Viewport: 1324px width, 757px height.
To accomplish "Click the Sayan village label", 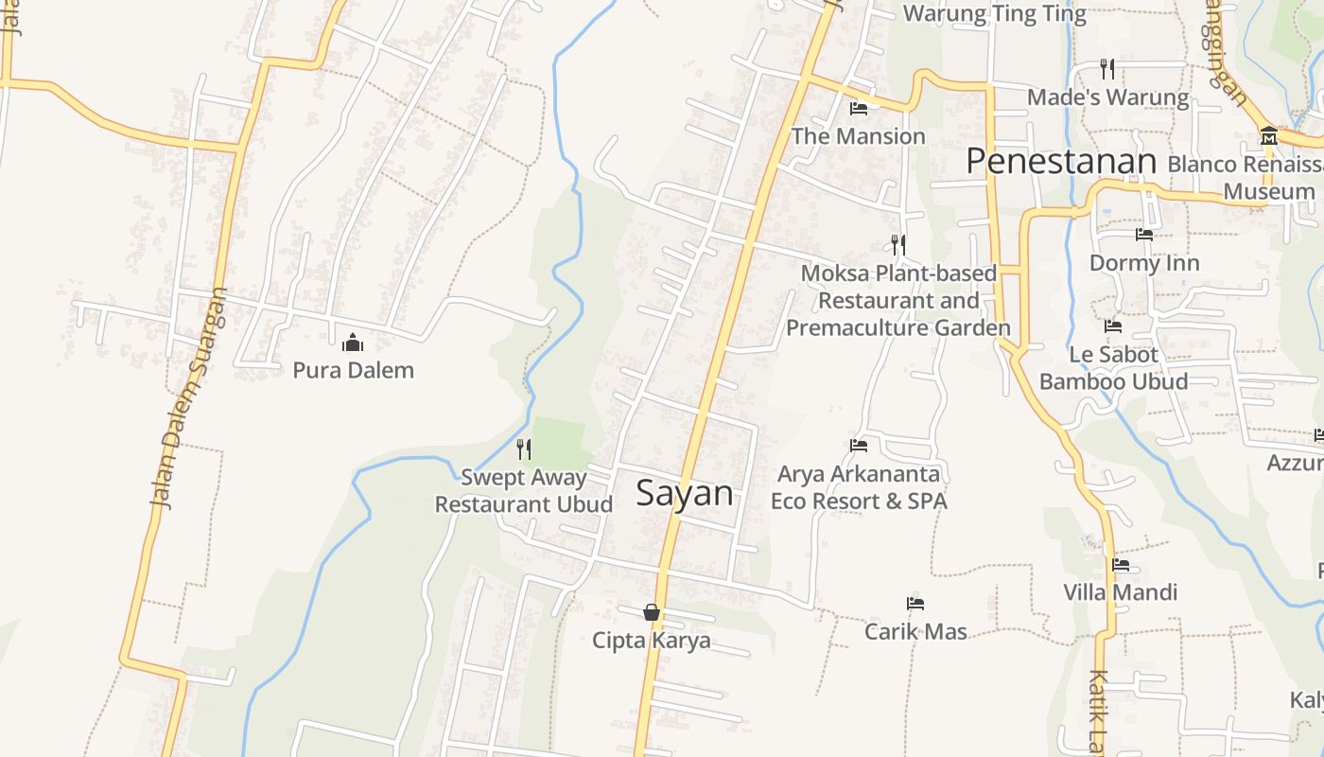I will (x=685, y=493).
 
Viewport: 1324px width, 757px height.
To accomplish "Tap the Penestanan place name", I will (x=1061, y=162).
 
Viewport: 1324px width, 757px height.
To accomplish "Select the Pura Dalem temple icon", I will (x=353, y=343).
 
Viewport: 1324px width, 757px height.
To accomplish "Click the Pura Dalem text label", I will (x=353, y=370).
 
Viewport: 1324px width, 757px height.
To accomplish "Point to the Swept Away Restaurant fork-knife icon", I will (x=523, y=449).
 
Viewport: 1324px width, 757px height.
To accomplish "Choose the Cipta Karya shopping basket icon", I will (x=652, y=612).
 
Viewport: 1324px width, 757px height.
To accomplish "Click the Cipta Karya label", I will (x=652, y=641).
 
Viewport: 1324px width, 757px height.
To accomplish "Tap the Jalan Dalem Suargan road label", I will (x=190, y=397).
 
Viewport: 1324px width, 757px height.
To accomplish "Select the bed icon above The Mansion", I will (x=859, y=109).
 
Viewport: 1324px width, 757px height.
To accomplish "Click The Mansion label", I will (x=858, y=136).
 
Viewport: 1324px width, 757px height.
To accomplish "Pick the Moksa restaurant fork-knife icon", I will (x=898, y=245).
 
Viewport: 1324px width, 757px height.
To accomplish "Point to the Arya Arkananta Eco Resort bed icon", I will (x=859, y=445).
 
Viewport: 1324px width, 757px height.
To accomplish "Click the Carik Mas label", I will (x=915, y=631).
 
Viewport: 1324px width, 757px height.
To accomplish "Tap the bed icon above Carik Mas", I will (x=915, y=603).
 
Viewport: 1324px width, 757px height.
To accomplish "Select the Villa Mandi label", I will (x=1121, y=592).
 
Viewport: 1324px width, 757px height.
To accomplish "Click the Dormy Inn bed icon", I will (x=1144, y=235).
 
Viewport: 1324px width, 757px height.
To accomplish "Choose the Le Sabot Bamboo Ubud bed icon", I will (x=1113, y=326).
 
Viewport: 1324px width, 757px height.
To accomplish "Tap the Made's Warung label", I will (x=1107, y=97).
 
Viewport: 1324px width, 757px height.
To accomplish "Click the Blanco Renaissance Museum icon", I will (x=1268, y=136).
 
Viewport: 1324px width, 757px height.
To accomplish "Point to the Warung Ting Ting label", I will (x=995, y=13).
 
